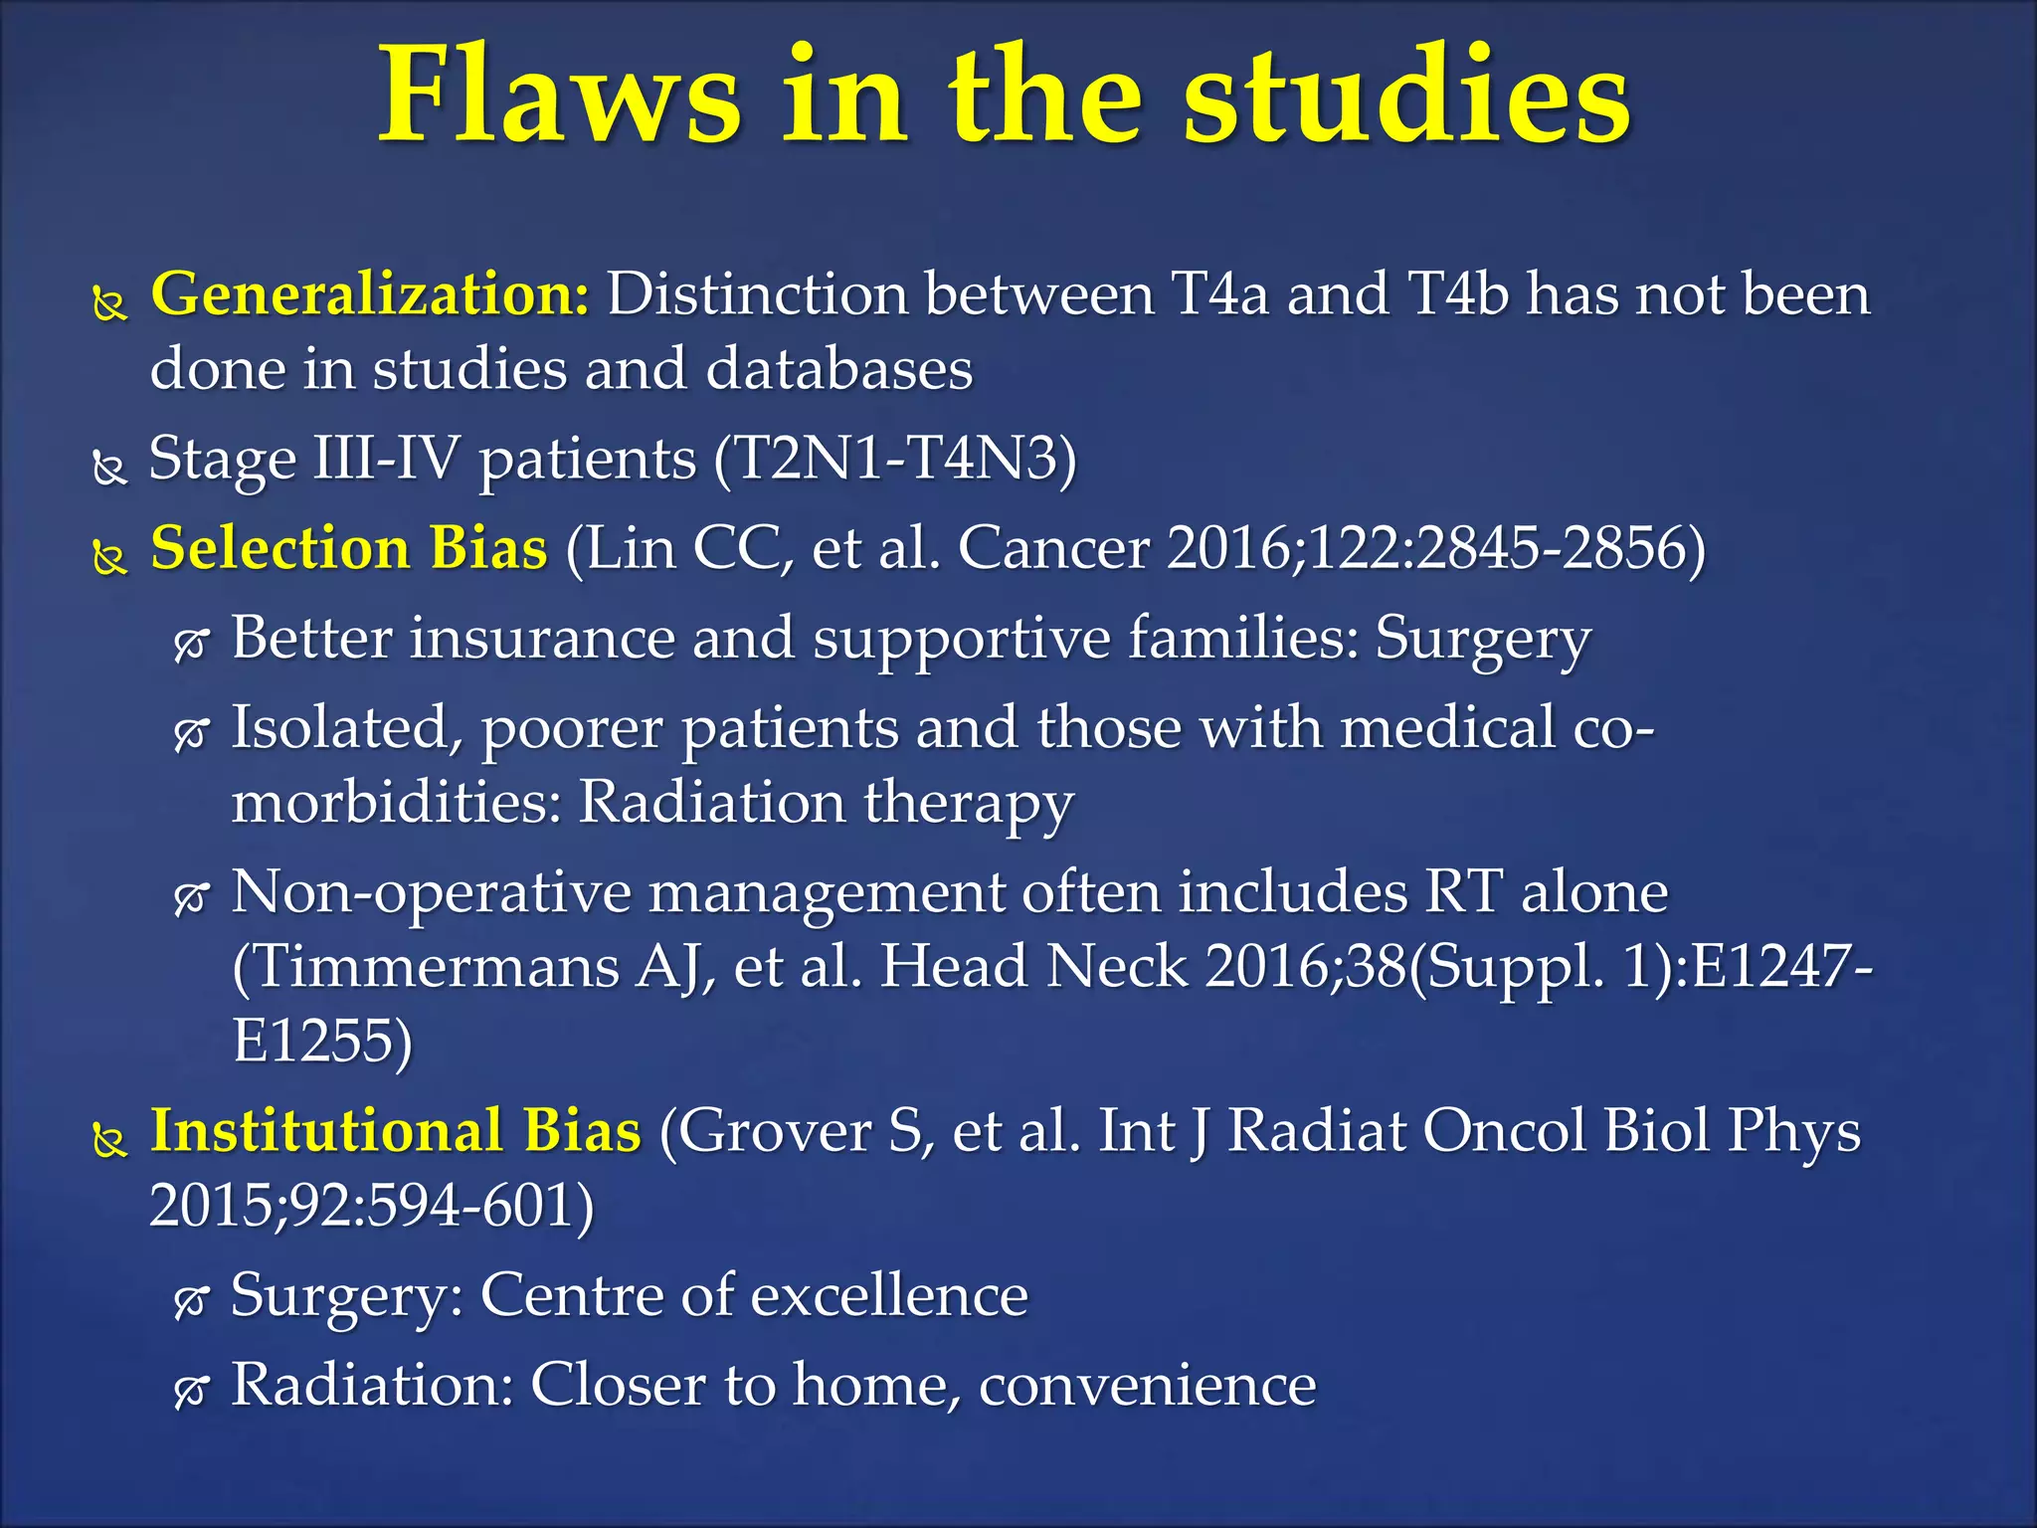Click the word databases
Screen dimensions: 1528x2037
(838, 369)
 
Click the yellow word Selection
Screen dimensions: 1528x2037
(279, 548)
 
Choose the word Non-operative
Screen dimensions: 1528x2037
(431, 891)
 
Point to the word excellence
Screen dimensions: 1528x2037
(889, 1295)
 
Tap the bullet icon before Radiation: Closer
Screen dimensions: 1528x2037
(190, 1390)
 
